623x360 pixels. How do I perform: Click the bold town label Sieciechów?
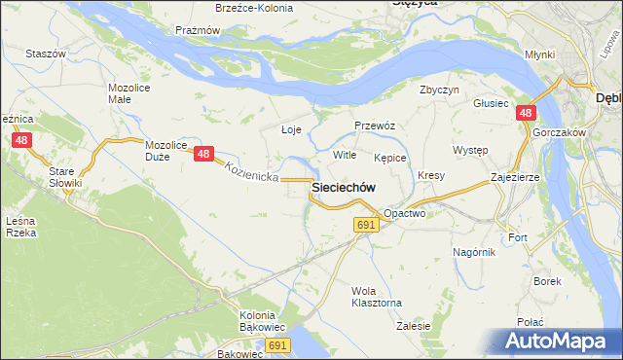(344, 187)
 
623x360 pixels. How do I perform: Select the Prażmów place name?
(198, 30)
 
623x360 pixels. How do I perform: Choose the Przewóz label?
(373, 126)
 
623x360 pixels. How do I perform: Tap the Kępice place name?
(389, 157)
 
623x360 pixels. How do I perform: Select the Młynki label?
(538, 54)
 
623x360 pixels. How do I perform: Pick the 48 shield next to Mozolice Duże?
(202, 153)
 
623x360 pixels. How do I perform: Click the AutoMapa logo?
(557, 341)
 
